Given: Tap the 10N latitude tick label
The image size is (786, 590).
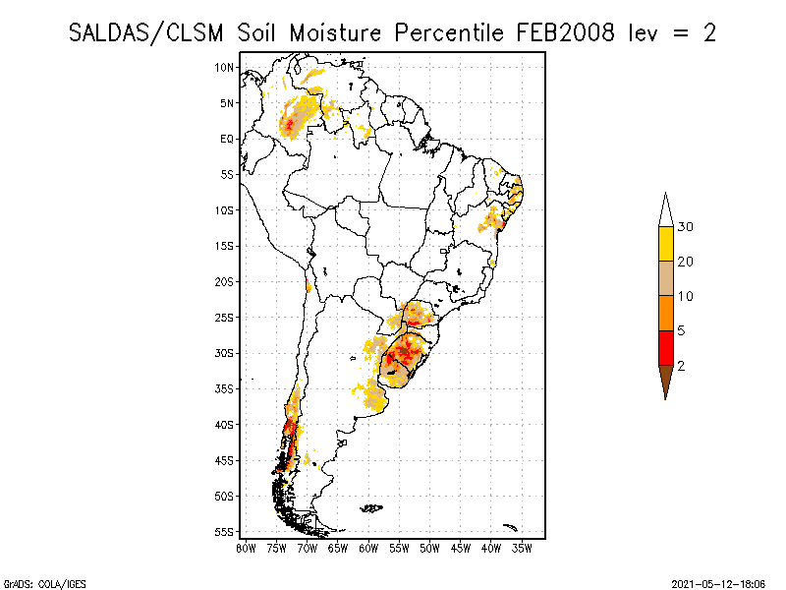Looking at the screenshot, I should tap(225, 67).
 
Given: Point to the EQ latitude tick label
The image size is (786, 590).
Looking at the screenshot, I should tap(227, 139).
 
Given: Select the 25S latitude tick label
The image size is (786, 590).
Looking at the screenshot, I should tap(225, 318).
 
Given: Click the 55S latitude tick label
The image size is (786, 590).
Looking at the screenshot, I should tap(225, 532).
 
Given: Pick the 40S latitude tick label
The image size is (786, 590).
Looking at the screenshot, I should tap(225, 425).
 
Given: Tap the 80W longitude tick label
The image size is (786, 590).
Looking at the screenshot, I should tap(246, 547).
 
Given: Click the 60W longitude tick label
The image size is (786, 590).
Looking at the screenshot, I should tap(368, 547).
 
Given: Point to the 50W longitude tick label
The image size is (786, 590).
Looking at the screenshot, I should tap(429, 547).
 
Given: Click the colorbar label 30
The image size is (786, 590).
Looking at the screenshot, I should tap(686, 227).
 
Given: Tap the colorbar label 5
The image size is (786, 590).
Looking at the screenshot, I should tap(681, 330).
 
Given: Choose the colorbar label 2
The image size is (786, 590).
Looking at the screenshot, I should tap(681, 366).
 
